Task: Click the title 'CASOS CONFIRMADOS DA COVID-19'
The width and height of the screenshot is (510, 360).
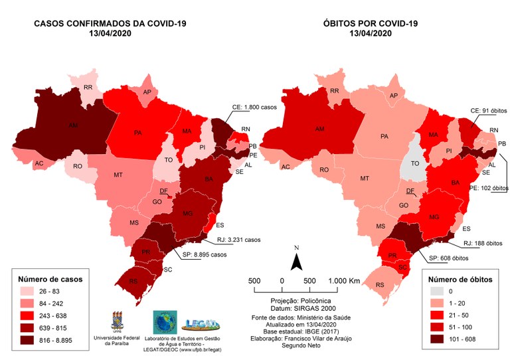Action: [x=111, y=25]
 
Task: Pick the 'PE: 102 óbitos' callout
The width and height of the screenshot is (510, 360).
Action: [x=480, y=187]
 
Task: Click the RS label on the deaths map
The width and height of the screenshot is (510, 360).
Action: [x=380, y=285]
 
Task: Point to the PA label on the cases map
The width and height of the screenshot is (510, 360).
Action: [x=138, y=133]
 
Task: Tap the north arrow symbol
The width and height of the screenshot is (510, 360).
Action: [x=297, y=260]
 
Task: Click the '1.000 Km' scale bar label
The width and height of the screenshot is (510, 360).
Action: [x=345, y=281]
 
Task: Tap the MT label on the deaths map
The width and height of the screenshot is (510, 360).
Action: [x=365, y=179]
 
